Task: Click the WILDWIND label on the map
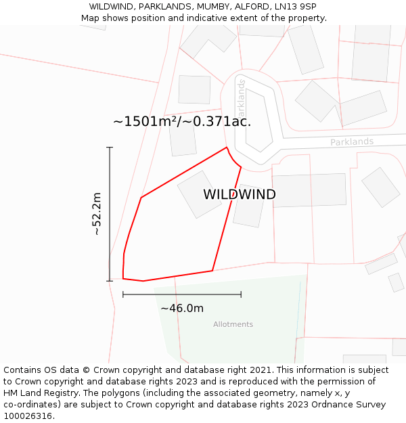[x=240, y=195]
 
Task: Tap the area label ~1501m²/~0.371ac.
[x=182, y=122]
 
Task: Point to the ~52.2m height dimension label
[x=97, y=214]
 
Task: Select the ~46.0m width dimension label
[x=182, y=309]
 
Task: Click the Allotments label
[x=233, y=324]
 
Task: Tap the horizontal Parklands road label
[x=352, y=142]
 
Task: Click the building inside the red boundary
[x=199, y=194]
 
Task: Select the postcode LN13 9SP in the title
[x=297, y=7]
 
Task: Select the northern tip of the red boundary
[x=226, y=147]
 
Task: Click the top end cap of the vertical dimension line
[x=110, y=147]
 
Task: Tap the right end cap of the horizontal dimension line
[x=241, y=294]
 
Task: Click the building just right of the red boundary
[x=248, y=206]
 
